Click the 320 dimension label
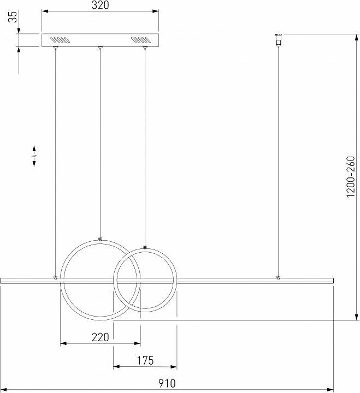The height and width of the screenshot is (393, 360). coord(100,5)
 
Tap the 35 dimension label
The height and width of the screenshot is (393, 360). coord(13,16)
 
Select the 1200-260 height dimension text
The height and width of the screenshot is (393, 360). coord(351,176)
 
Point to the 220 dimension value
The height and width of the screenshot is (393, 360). coord(101,337)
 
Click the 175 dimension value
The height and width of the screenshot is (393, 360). coord(145,360)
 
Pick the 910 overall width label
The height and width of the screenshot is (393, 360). coord(167,383)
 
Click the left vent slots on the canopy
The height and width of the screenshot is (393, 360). coord(59,40)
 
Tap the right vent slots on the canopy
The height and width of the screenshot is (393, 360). coord(140,40)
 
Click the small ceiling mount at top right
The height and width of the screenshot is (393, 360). coord(278,40)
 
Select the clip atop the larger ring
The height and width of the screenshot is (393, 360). coord(100,239)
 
